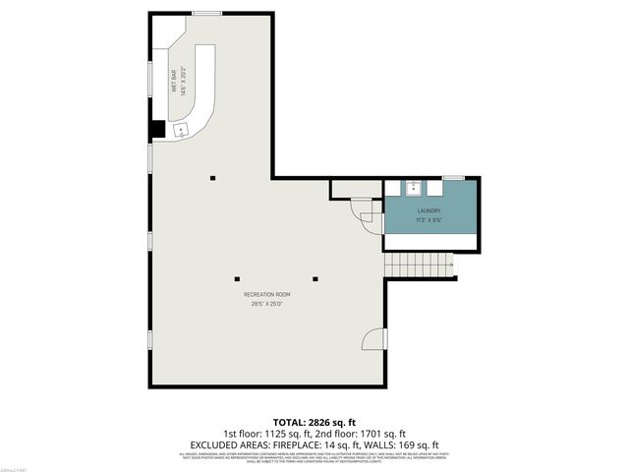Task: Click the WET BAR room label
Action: click(x=173, y=76)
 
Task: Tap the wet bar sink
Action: click(x=181, y=129)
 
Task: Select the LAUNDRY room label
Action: click(x=429, y=211)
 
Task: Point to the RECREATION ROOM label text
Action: click(x=267, y=294)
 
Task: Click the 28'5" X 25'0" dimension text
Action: click(x=267, y=304)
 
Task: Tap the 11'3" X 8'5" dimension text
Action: click(x=429, y=220)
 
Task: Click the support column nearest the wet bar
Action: click(x=211, y=177)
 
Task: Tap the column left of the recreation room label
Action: click(x=235, y=276)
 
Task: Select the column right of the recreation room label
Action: click(x=314, y=276)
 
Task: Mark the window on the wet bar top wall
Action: click(x=207, y=14)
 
